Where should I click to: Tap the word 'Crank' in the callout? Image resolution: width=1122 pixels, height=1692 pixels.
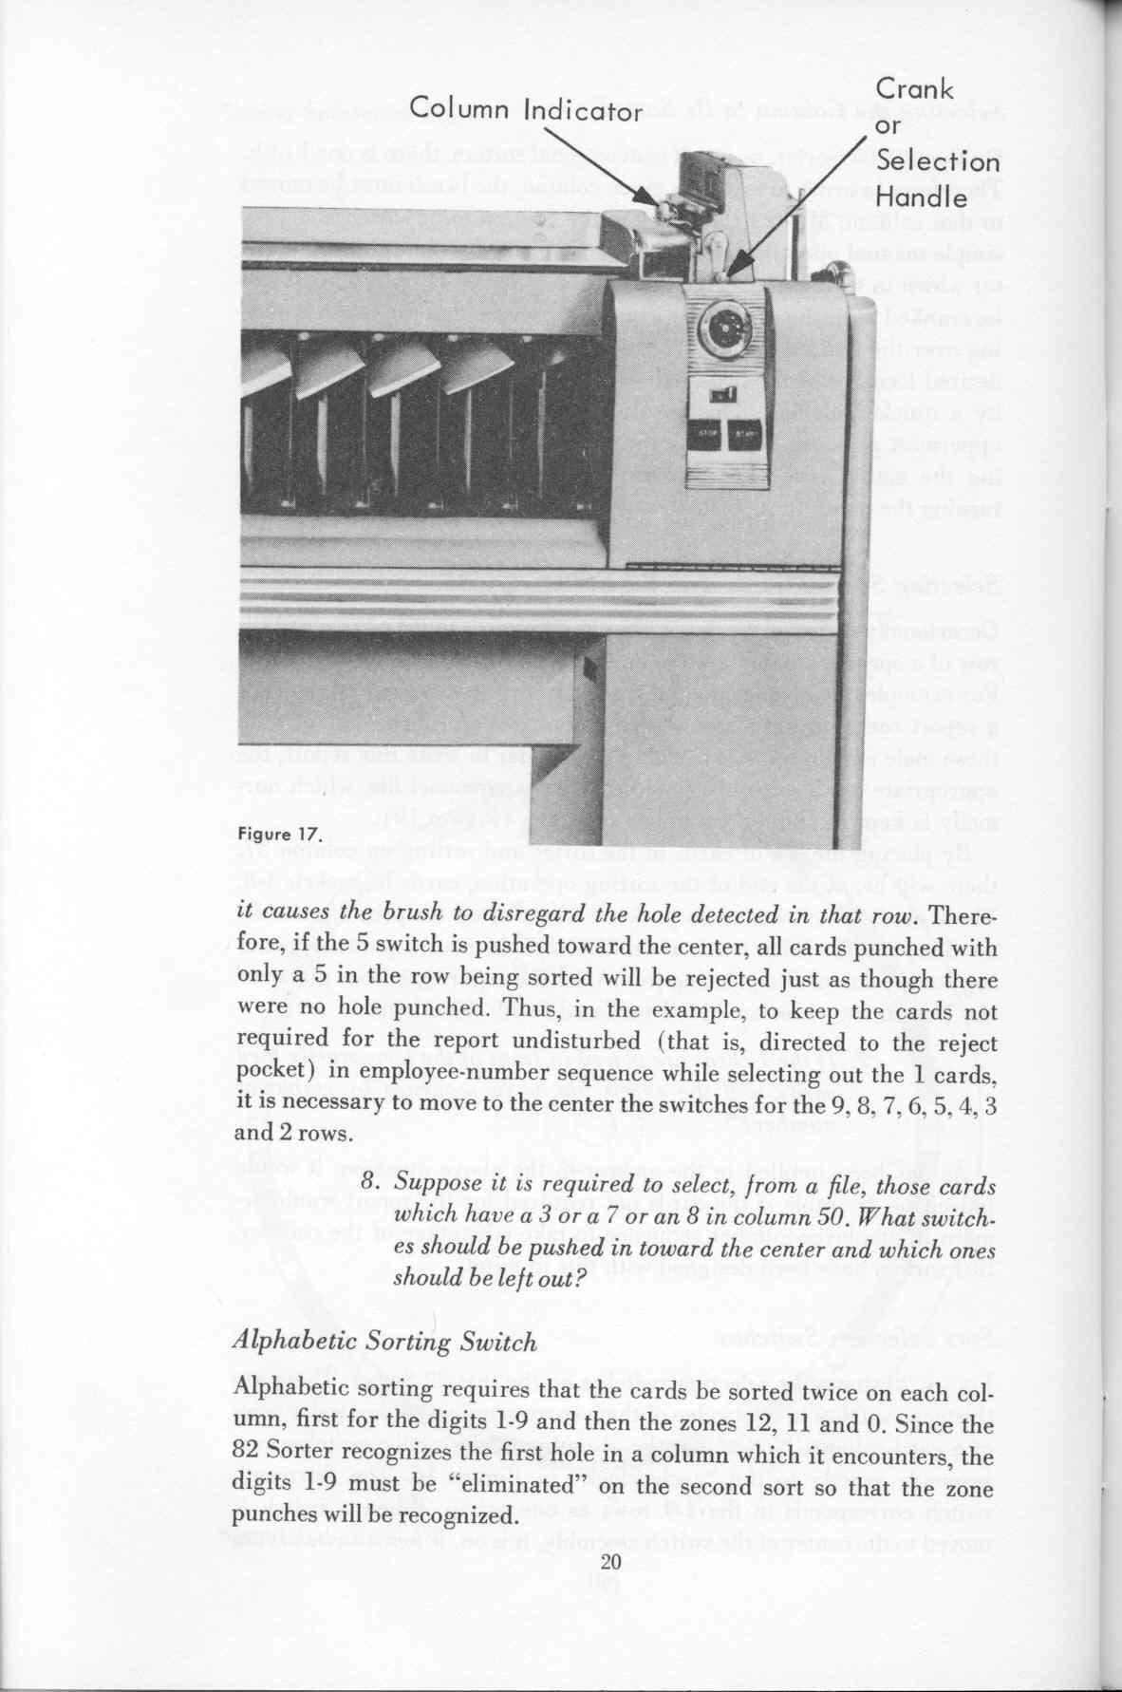914,90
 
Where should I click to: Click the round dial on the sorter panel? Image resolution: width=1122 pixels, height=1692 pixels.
723,329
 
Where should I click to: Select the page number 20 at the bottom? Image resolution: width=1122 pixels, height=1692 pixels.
610,1562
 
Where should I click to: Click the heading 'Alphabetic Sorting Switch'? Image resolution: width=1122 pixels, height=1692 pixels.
385,1342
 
